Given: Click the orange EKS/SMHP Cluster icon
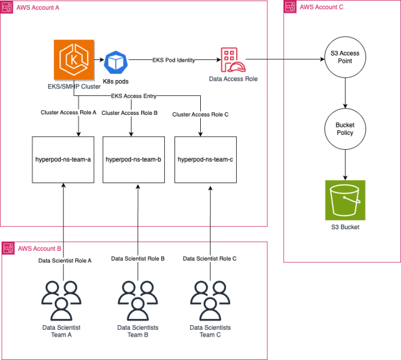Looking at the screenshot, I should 70,60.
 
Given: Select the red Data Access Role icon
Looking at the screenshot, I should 231,59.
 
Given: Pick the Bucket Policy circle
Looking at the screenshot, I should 344,129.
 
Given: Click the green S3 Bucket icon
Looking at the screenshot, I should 344,200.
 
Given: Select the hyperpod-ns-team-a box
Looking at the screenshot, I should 62,159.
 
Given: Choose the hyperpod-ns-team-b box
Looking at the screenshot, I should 133,159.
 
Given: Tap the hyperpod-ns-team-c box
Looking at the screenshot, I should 205,159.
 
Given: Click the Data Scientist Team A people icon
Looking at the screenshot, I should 61,300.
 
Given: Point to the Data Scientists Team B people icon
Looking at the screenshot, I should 138,300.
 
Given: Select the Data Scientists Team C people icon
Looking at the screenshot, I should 210,300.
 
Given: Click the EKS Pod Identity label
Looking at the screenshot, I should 173,59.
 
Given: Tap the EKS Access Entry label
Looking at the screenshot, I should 134,96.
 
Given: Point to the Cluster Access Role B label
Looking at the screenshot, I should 129,113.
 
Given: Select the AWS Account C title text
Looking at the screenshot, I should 322,7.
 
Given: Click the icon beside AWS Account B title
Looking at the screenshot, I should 9,248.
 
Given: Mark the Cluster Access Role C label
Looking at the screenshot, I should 200,115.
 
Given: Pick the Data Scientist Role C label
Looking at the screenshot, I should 209,259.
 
